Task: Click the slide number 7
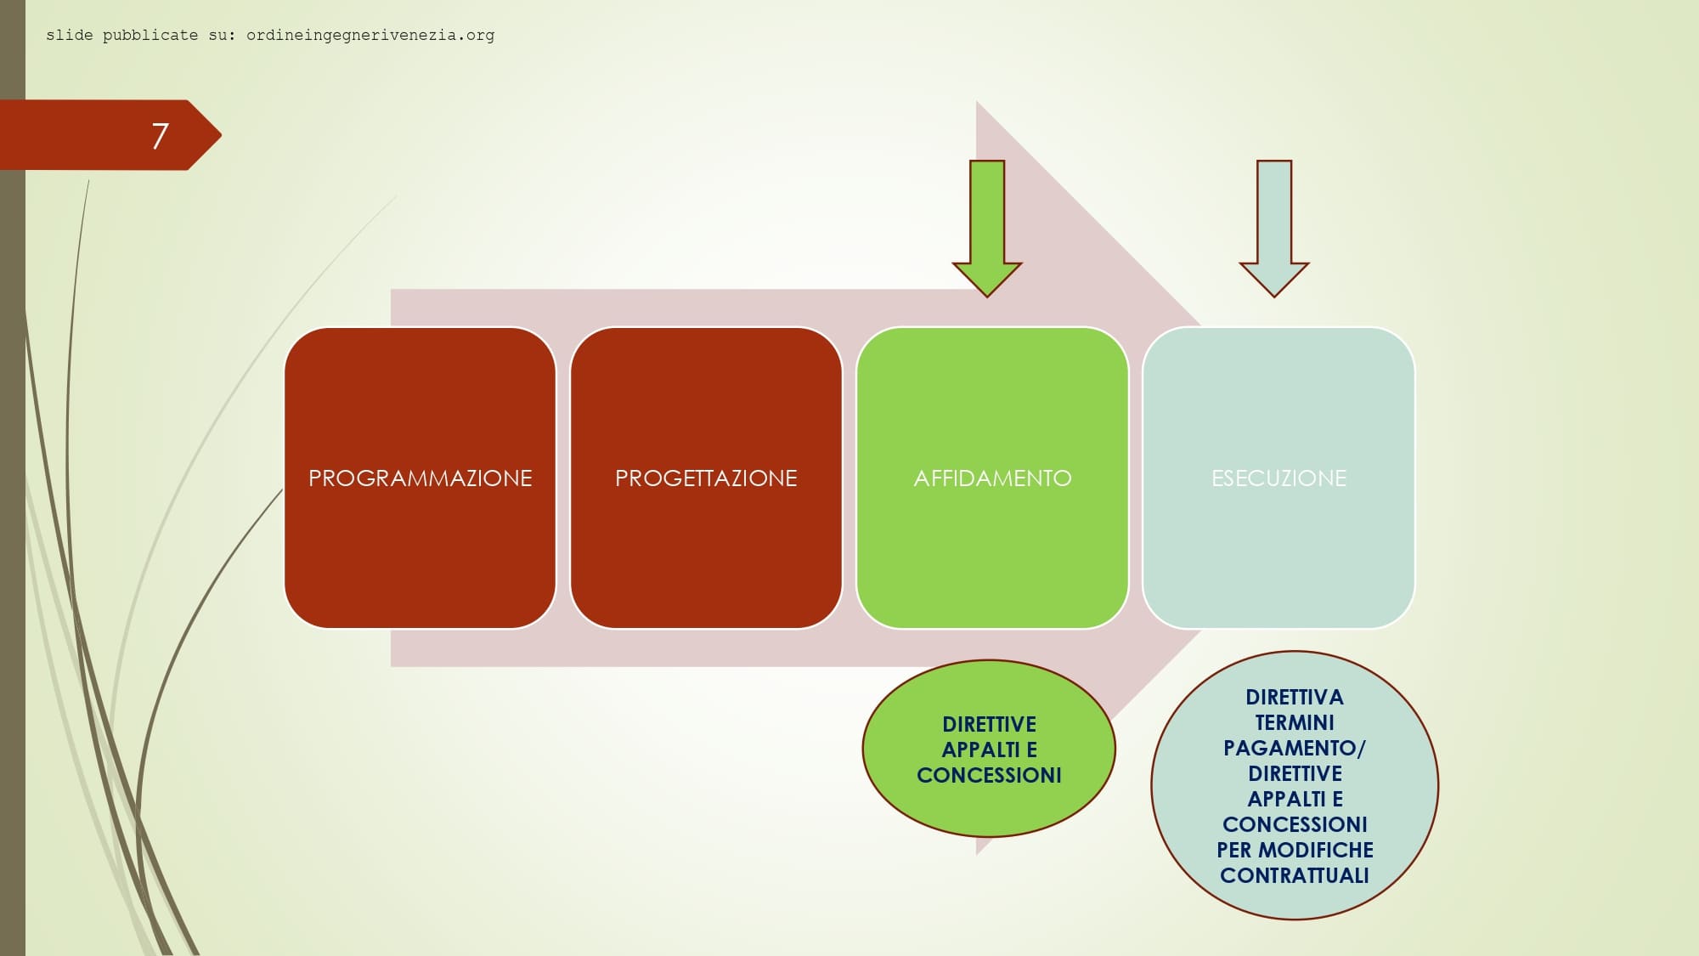tap(160, 136)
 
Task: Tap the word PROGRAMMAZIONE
tap(420, 478)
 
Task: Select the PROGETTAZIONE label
tap(706, 478)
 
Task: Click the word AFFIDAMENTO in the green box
tap(992, 478)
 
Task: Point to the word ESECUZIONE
tap(1278, 478)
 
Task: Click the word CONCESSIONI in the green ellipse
tap(989, 775)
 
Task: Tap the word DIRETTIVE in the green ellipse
tap(989, 724)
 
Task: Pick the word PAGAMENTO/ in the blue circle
tap(1294, 748)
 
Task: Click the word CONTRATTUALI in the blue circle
tap(1294, 875)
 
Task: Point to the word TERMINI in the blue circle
tap(1294, 722)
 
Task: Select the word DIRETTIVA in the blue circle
tap(1294, 697)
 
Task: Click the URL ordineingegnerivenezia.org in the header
tap(370, 35)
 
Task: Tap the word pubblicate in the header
tap(150, 35)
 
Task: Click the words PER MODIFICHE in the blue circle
tap(1294, 850)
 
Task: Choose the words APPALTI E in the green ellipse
tap(989, 750)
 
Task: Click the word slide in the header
tap(69, 35)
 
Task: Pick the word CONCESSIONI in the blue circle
tap(1294, 824)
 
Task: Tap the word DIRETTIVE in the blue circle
tap(1294, 773)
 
